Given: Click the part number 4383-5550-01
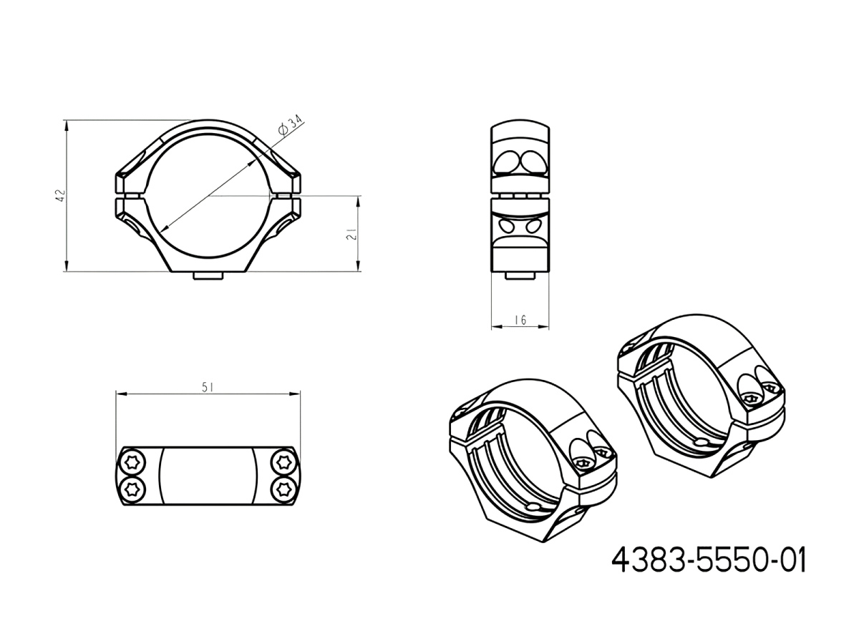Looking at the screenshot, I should tap(709, 560).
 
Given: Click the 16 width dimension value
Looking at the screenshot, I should tap(520, 320).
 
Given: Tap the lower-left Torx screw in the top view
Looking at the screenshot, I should tap(132, 489).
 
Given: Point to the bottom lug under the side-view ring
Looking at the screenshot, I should tap(520, 275).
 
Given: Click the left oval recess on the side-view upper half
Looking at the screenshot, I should tap(508, 161).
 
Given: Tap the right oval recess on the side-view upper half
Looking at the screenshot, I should tap(533, 161).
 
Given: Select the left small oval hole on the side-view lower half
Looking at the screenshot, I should tap(508, 226).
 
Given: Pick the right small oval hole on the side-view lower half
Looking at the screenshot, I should tap(533, 226).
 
